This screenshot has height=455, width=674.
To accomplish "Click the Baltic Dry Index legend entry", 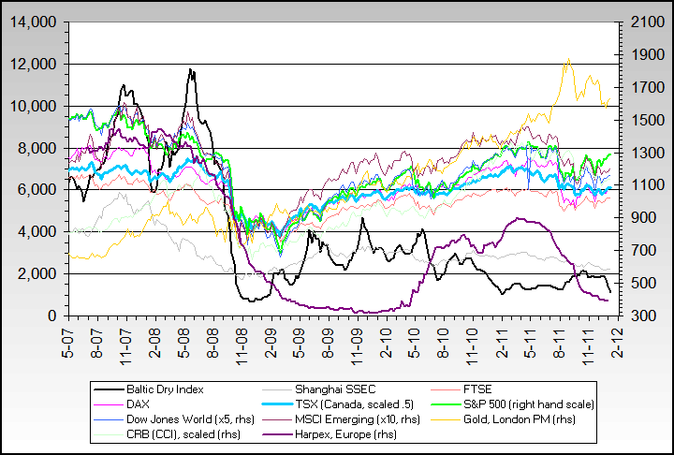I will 165,389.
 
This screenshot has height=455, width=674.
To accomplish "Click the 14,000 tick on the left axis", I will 34,22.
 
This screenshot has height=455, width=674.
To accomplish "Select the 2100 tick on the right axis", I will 637,22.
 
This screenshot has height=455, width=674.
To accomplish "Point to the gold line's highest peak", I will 567,60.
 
